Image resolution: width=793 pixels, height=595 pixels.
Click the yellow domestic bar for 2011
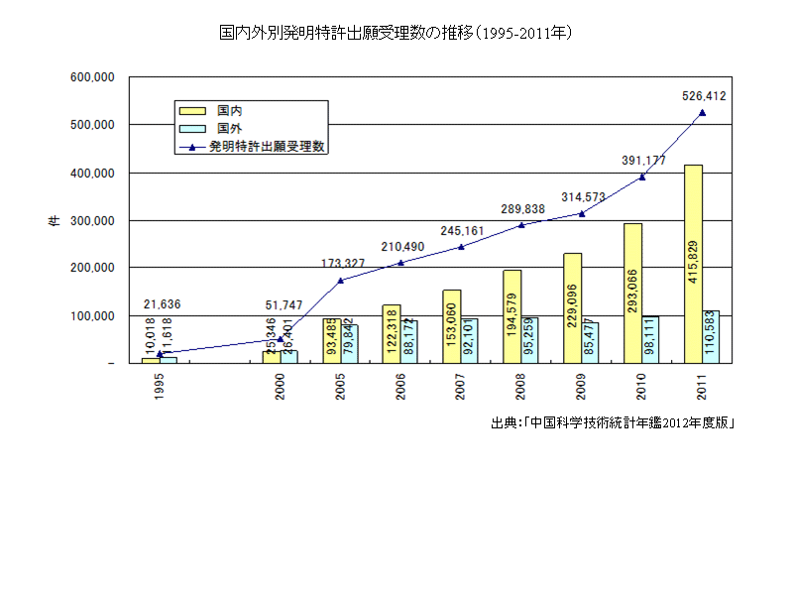[x=694, y=264]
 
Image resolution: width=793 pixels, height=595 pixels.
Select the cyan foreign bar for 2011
[x=711, y=337]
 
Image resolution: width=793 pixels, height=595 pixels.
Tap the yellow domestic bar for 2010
[x=633, y=294]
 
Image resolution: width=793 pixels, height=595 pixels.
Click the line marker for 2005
[x=341, y=281]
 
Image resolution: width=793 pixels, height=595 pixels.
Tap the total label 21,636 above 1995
[x=163, y=304]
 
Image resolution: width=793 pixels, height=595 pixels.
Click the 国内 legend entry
[x=230, y=110]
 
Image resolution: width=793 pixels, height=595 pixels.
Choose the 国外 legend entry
[x=230, y=128]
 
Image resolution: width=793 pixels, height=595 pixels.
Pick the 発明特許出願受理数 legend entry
[x=268, y=146]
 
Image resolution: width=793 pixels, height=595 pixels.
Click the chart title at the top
[x=396, y=33]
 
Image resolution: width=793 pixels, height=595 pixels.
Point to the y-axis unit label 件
[x=54, y=220]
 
